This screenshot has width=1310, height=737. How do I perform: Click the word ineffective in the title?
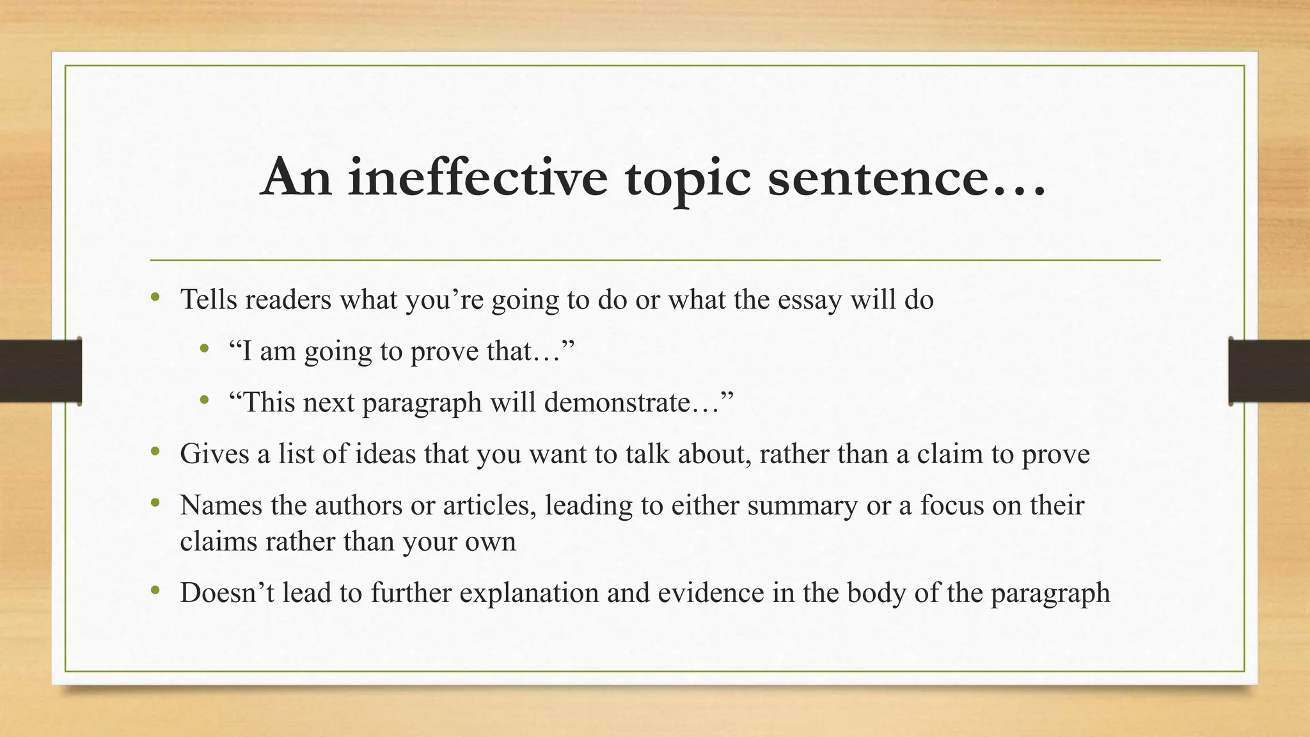click(x=477, y=177)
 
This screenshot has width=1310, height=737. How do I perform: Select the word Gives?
click(x=214, y=454)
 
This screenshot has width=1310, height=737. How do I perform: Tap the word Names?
click(x=221, y=505)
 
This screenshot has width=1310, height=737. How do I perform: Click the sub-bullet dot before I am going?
click(x=204, y=348)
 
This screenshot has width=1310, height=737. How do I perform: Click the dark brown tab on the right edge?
click(x=1269, y=371)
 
